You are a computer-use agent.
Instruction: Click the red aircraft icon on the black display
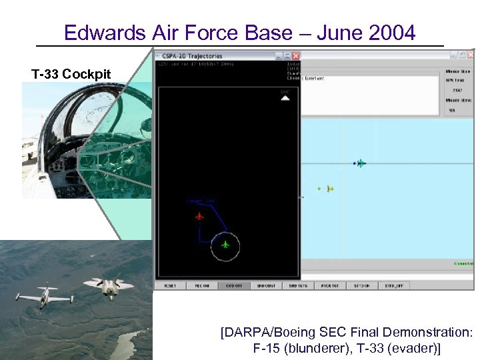(x=199, y=216)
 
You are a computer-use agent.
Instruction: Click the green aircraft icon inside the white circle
(x=225, y=245)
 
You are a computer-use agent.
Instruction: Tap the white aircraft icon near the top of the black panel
(x=285, y=97)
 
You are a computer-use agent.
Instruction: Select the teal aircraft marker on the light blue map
(x=360, y=163)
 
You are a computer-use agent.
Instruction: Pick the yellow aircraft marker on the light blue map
(x=329, y=189)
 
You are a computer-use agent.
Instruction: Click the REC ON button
(x=201, y=285)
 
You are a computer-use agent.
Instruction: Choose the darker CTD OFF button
(x=233, y=285)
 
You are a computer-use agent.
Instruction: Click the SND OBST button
(x=265, y=285)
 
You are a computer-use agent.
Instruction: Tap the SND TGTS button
(x=297, y=285)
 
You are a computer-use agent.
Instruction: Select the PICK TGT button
(x=329, y=285)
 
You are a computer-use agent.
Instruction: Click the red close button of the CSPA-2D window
(x=295, y=56)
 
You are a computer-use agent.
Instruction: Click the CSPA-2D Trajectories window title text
(x=193, y=56)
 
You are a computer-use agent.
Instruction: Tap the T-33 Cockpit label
(x=71, y=74)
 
